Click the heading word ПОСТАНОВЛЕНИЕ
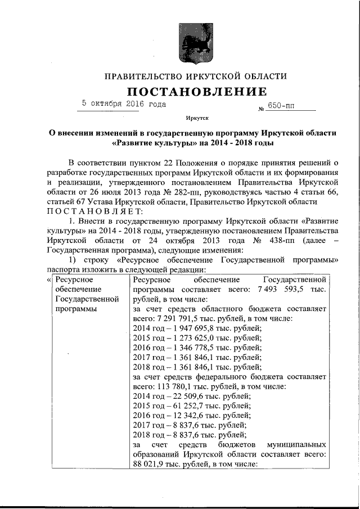point(196,92)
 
